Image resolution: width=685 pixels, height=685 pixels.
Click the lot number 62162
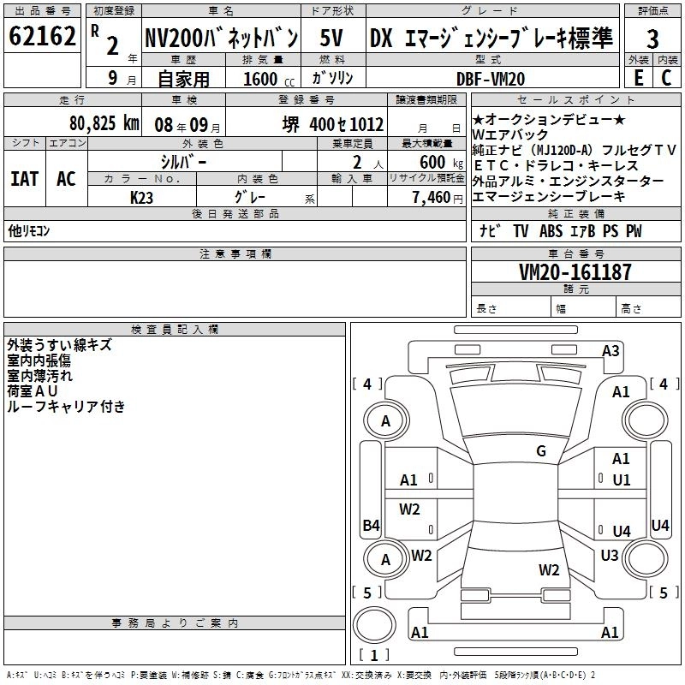[42, 36]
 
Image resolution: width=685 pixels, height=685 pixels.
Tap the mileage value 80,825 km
[104, 123]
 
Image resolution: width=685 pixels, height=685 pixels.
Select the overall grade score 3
[652, 39]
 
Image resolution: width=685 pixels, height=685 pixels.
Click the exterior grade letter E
[638, 78]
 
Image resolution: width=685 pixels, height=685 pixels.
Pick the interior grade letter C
[666, 78]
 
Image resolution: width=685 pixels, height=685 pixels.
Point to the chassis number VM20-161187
[575, 272]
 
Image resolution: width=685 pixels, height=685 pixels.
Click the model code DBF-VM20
[491, 79]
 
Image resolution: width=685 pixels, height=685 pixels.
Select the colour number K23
[141, 198]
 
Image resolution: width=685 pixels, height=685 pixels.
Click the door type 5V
[331, 38]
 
